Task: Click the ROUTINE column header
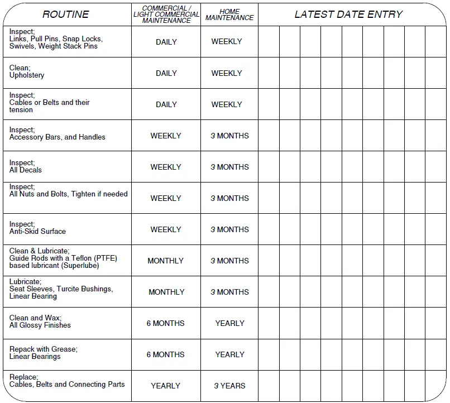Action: [x=65, y=15]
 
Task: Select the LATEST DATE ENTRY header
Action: [x=348, y=15]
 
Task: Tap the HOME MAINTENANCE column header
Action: [x=229, y=15]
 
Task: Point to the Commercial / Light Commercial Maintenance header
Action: [x=166, y=15]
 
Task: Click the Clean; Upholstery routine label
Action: [x=27, y=71]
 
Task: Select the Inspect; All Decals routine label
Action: [x=26, y=166]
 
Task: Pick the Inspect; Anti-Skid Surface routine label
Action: [x=37, y=228]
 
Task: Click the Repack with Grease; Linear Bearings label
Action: [x=43, y=353]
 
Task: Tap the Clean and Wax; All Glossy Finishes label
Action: [x=40, y=322]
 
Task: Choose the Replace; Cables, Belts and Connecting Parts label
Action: [x=66, y=381]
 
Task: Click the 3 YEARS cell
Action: [x=229, y=386]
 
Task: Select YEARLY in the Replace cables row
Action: [x=166, y=386]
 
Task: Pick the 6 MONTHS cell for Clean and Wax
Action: [x=166, y=323]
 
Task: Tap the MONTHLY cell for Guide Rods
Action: [x=166, y=261]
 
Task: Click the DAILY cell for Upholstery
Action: [x=166, y=73]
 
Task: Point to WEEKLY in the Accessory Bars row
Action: [x=166, y=136]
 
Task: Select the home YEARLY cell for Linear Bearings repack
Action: [x=229, y=354]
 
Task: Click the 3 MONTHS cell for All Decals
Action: [x=229, y=167]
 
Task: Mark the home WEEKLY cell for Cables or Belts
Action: [x=227, y=104]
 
